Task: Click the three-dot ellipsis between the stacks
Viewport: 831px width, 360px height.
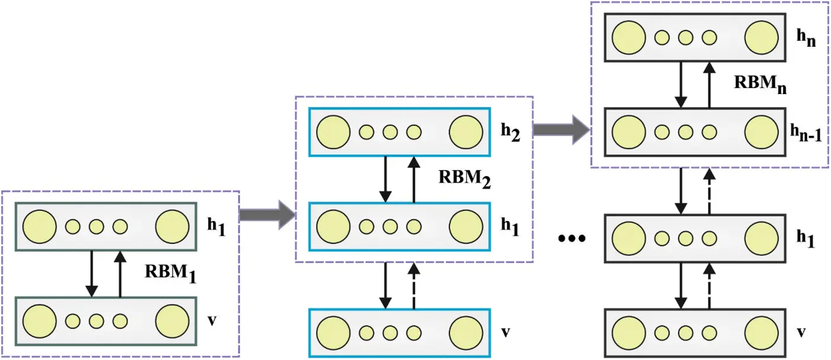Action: (x=571, y=239)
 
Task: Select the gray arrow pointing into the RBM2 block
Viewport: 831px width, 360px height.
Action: (x=267, y=217)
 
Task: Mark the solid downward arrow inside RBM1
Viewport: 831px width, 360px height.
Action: (x=92, y=274)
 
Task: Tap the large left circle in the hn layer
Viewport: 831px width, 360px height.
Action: (x=629, y=38)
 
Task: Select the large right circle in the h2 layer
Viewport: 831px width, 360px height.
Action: (x=465, y=132)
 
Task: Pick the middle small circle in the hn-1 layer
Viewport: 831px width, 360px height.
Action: (x=686, y=132)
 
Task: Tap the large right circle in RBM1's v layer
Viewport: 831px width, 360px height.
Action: (x=172, y=321)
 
